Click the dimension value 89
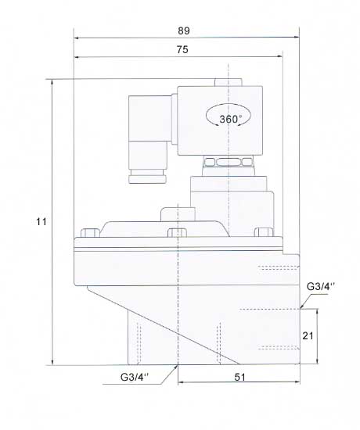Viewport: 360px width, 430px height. click(x=184, y=30)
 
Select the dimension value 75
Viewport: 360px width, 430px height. click(x=182, y=49)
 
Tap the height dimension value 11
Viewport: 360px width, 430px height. click(x=41, y=221)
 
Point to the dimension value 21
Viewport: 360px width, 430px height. click(x=308, y=335)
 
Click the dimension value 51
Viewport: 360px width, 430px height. click(x=239, y=377)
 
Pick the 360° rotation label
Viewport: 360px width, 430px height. click(x=231, y=119)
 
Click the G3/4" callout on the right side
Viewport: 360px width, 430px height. click(x=321, y=286)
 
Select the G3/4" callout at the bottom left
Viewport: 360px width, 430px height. click(x=135, y=377)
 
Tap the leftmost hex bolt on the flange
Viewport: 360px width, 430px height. click(x=90, y=233)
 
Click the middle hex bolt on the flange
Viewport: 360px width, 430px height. click(x=177, y=233)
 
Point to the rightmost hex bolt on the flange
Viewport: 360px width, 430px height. click(x=265, y=232)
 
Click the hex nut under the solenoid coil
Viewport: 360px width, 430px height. click(x=229, y=161)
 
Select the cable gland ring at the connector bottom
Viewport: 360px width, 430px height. click(x=147, y=179)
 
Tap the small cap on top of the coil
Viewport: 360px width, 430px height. click(x=229, y=82)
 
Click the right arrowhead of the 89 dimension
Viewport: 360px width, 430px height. click(x=297, y=38)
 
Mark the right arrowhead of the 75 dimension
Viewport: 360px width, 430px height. click(x=280, y=56)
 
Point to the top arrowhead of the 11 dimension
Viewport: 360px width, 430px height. click(x=52, y=83)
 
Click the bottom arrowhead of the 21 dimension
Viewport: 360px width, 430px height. click(x=318, y=361)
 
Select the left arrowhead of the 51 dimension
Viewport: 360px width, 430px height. click(x=182, y=382)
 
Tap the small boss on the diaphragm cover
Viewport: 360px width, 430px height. click(x=178, y=214)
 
